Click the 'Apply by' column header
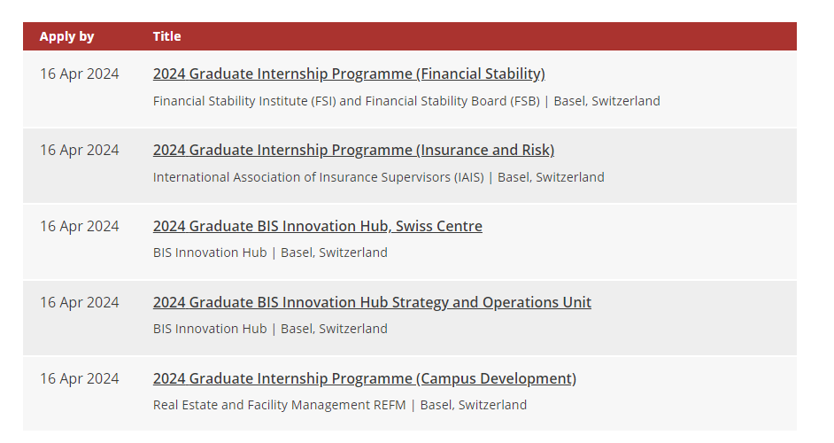[66, 36]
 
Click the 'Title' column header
[167, 36]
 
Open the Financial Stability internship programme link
[349, 74]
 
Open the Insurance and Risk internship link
[354, 150]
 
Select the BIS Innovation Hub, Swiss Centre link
[318, 226]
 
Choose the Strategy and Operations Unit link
[373, 302]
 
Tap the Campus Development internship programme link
[365, 378]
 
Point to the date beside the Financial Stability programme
[80, 74]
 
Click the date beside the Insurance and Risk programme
[80, 150]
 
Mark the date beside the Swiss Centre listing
[80, 226]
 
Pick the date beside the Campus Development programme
[80, 378]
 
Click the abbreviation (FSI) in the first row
[323, 101]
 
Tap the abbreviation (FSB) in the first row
[525, 101]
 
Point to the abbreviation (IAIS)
[468, 177]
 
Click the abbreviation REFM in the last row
[390, 405]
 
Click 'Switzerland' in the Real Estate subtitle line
[492, 405]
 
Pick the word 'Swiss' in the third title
[412, 226]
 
